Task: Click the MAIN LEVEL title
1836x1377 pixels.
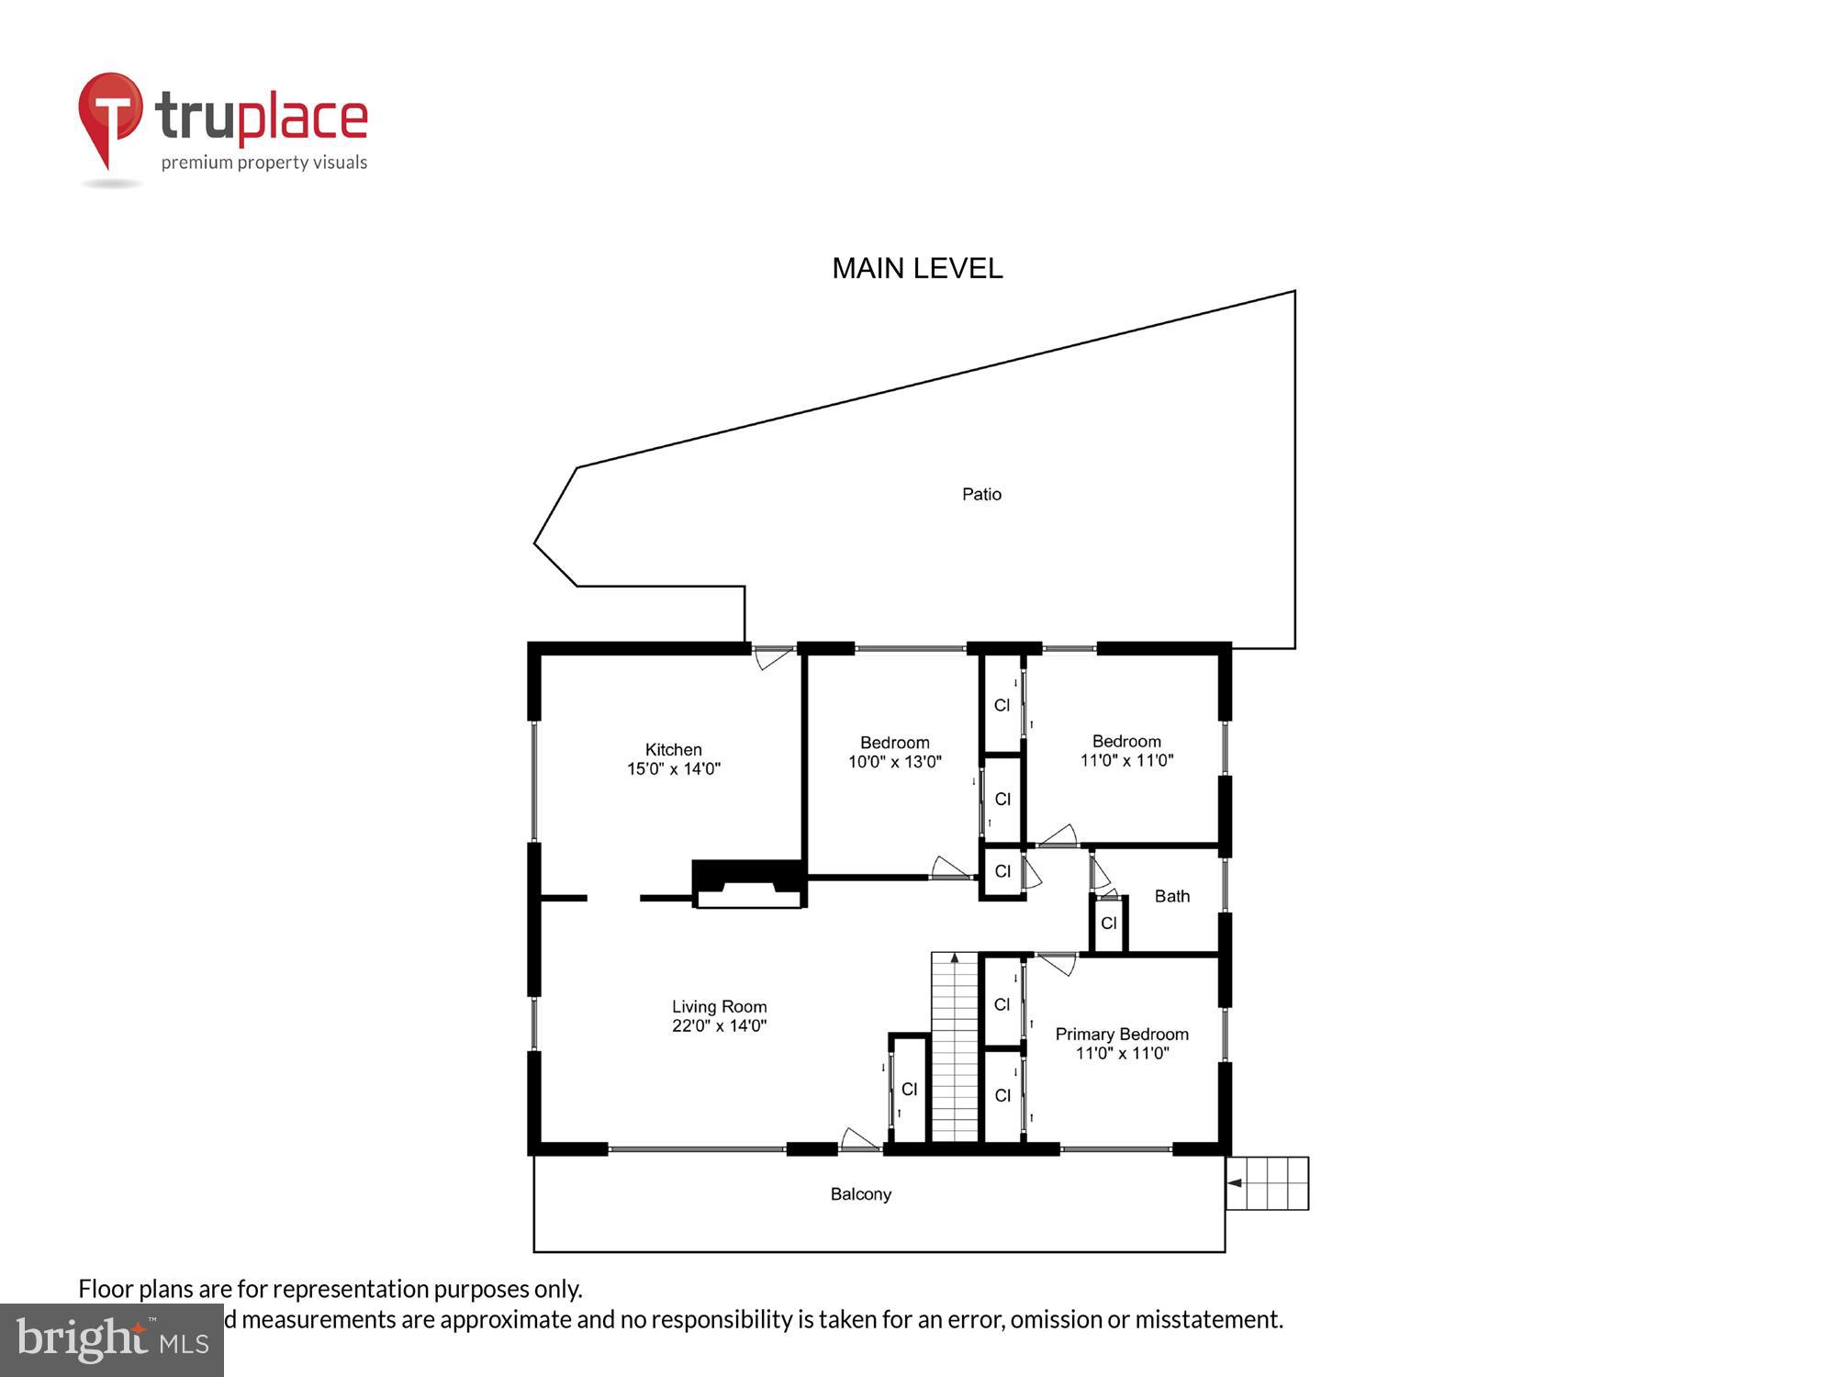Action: coord(916,268)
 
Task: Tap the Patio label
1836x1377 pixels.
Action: coord(981,494)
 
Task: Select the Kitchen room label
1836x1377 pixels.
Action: coord(673,749)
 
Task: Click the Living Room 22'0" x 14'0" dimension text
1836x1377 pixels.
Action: coord(719,1025)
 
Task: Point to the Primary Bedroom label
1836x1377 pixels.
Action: coord(1121,1034)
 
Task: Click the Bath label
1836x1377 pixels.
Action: coord(1171,896)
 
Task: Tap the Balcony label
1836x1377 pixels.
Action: coord(860,1193)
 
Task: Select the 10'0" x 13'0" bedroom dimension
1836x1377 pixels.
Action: coord(894,761)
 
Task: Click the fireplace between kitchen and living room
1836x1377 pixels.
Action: coord(748,884)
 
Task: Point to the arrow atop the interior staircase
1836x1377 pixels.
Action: coord(955,959)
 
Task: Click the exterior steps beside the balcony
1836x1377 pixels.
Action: coord(1268,1182)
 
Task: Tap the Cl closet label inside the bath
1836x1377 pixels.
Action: coord(1108,923)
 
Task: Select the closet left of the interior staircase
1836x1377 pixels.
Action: coord(909,1089)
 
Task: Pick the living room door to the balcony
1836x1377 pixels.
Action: coord(859,1139)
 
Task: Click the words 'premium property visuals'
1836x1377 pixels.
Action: coord(264,162)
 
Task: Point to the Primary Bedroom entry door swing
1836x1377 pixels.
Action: coord(1057,963)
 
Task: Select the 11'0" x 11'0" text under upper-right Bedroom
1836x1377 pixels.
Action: coord(1126,760)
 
